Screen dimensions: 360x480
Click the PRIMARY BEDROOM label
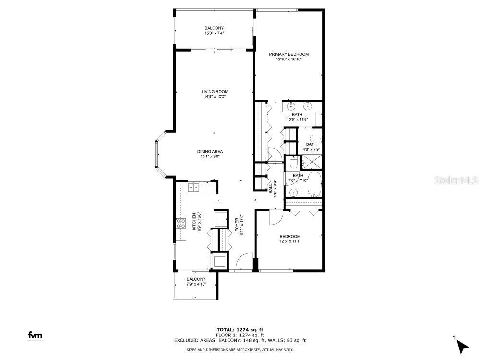pos(288,54)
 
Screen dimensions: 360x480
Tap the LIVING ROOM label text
pos(215,91)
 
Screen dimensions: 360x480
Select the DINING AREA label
pos(212,151)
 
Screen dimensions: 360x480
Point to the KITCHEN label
pos(194,222)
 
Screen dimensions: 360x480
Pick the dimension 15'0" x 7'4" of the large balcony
pos(215,34)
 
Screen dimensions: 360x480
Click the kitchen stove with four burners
pos(181,223)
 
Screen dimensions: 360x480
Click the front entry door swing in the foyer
pos(245,262)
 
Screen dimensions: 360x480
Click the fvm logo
pos(35,335)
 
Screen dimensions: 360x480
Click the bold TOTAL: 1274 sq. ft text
pos(240,330)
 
